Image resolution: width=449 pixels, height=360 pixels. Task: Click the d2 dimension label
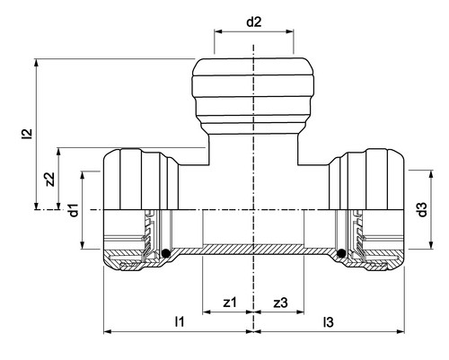tap(254, 22)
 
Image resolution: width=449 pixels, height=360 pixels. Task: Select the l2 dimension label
tap(28, 134)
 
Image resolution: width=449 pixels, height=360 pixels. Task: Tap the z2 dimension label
tap(50, 179)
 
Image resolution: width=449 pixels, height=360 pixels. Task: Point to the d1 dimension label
tap(74, 210)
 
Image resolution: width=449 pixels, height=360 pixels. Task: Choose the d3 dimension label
tap(422, 209)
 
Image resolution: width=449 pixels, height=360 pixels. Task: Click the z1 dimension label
tap(230, 303)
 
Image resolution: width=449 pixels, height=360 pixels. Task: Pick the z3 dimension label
tap(280, 303)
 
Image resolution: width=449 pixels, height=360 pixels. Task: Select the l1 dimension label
tap(180, 321)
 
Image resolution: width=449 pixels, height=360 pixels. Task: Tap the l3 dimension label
tap(328, 322)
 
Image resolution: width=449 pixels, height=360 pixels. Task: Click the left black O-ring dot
tap(166, 253)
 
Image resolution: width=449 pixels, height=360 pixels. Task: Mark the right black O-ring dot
tap(341, 253)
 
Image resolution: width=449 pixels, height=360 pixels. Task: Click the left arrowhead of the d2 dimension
tap(218, 31)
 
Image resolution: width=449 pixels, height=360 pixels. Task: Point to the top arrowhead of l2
tap(37, 63)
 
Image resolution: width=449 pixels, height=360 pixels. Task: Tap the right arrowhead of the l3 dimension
tap(401, 331)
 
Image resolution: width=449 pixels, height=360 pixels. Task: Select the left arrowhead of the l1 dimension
tap(108, 331)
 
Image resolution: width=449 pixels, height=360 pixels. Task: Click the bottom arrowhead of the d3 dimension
tap(431, 245)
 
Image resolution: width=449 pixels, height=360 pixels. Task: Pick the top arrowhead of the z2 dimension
tap(58, 152)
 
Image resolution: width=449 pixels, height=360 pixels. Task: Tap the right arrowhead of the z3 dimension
tap(300, 312)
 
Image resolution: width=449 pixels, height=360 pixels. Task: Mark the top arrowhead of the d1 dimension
tap(83, 175)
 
